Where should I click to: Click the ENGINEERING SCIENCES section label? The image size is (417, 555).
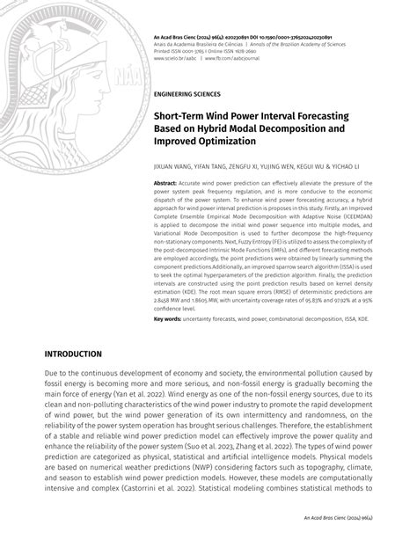click(x=187, y=92)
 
